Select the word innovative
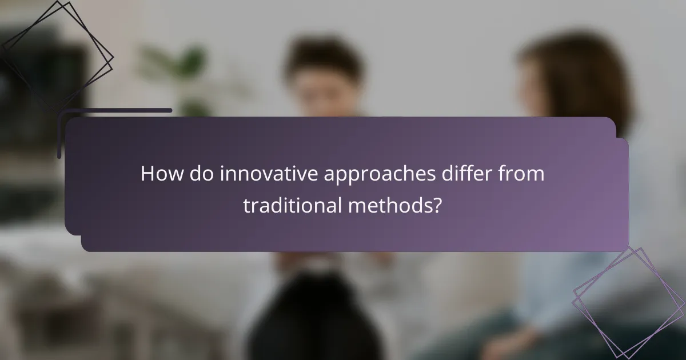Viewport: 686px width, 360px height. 269,174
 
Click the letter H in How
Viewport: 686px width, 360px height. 147,174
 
